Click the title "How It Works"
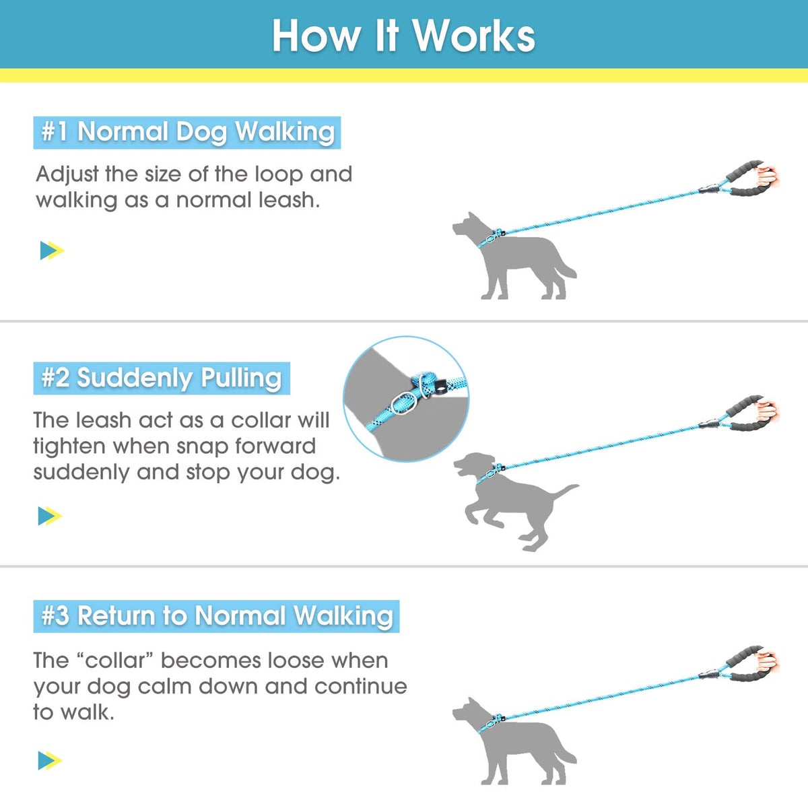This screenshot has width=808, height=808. [x=403, y=36]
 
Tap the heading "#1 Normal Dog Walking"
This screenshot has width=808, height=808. [x=187, y=133]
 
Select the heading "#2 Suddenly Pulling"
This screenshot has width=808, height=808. [x=162, y=378]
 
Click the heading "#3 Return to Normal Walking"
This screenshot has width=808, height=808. [x=217, y=616]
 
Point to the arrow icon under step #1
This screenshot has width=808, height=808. [x=52, y=250]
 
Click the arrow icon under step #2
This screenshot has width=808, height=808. [x=50, y=516]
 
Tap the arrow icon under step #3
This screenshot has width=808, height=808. [x=50, y=760]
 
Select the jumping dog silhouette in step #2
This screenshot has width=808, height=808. [x=516, y=499]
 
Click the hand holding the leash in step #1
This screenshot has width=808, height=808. [x=768, y=177]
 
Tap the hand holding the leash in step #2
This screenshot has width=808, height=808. [x=768, y=412]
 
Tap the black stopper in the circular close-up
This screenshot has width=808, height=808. [x=439, y=387]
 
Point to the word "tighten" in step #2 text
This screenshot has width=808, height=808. [x=69, y=447]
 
